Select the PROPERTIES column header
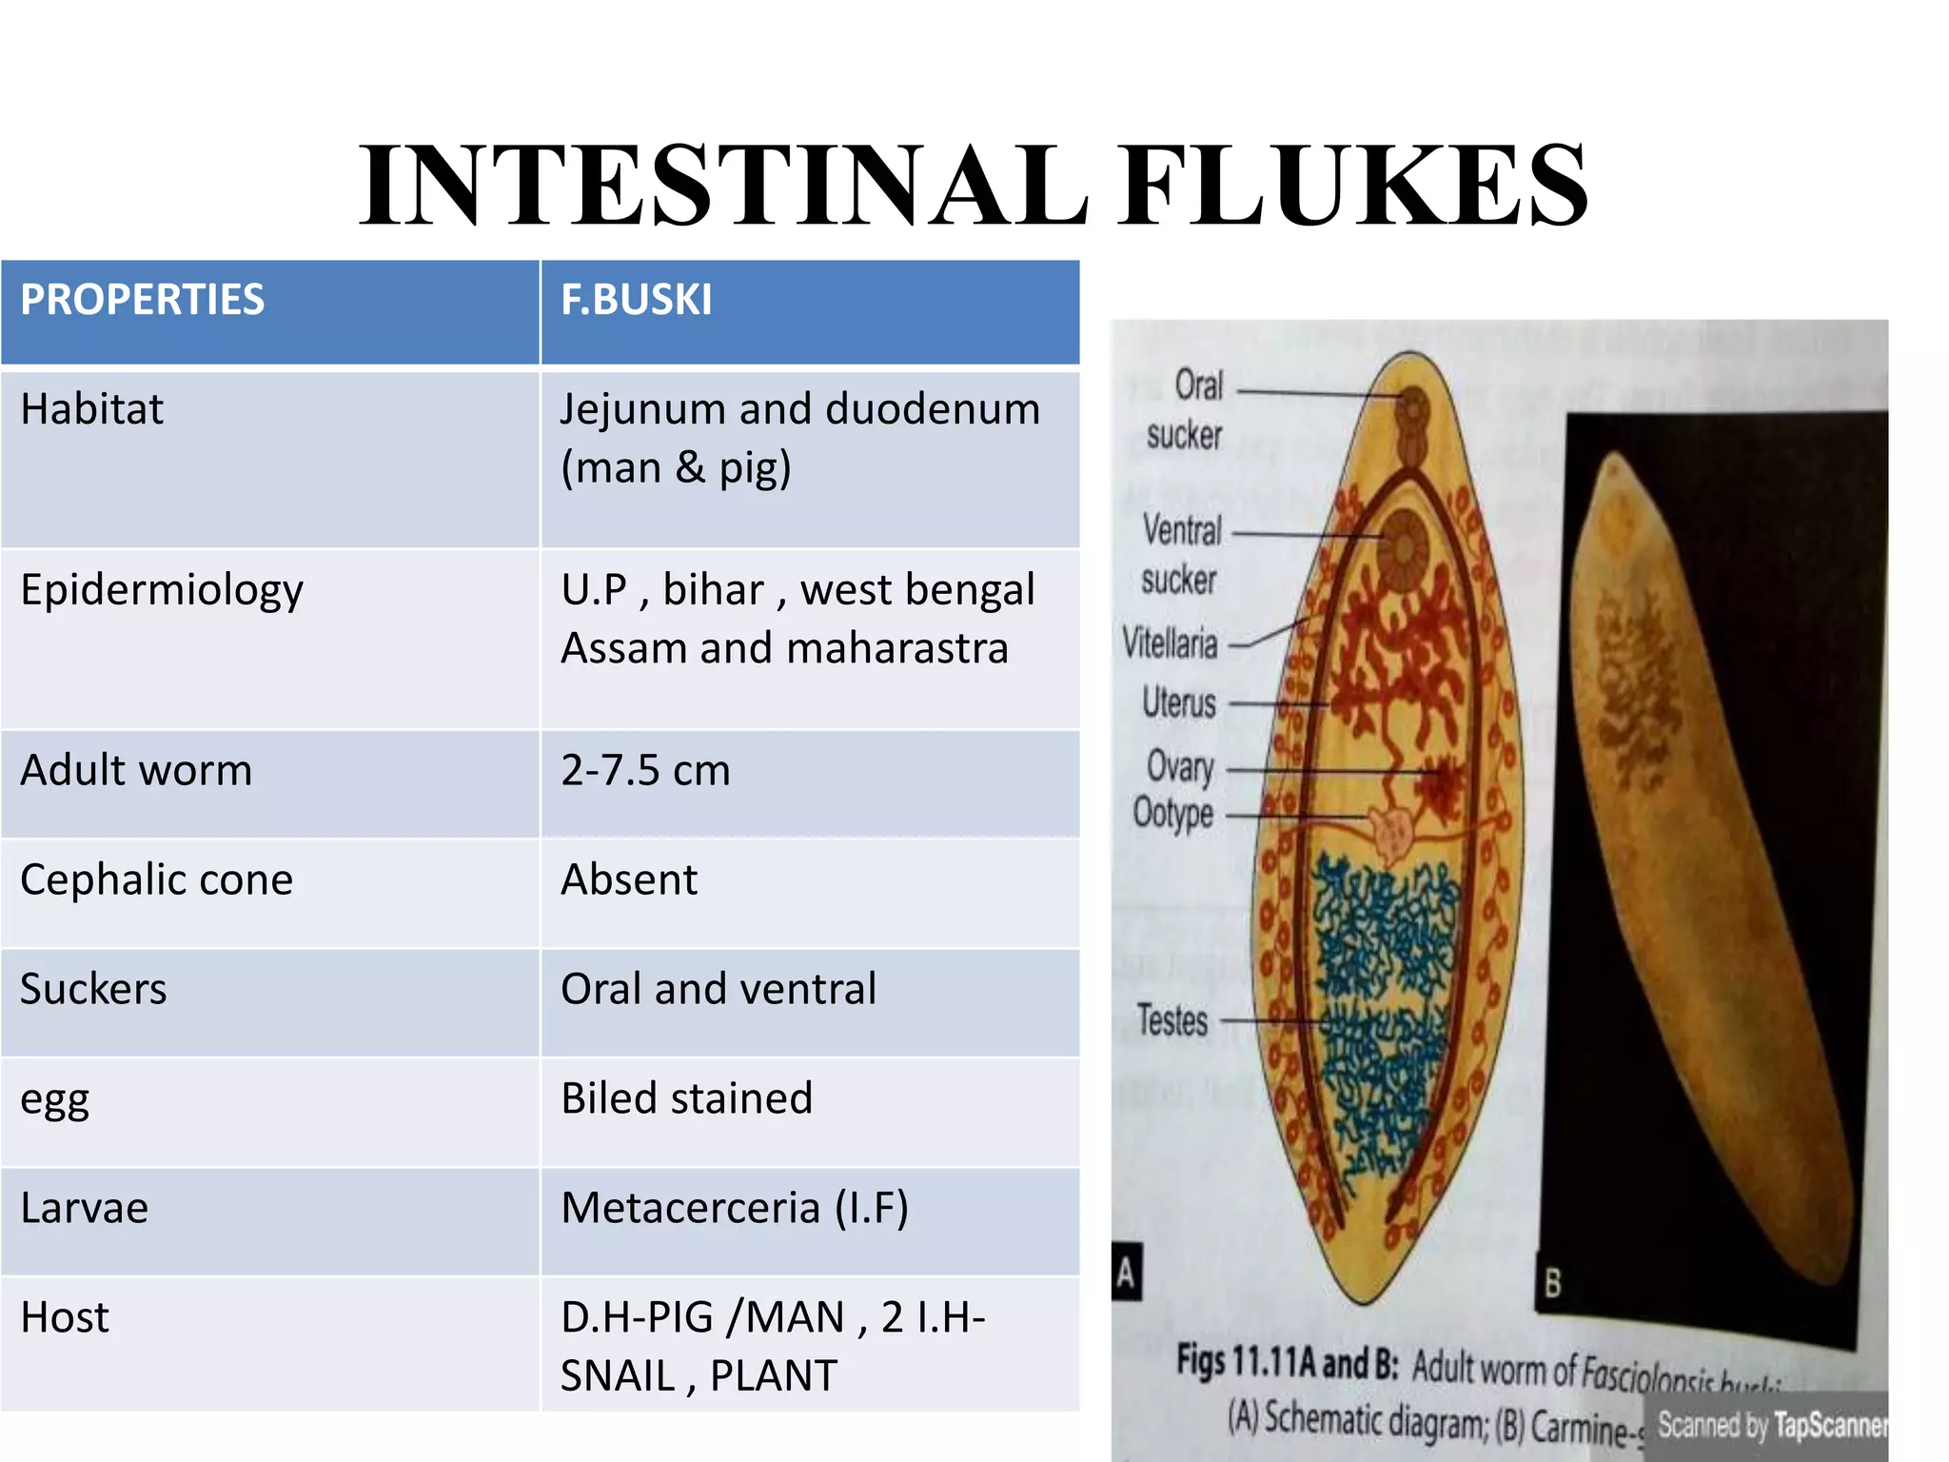[x=143, y=300]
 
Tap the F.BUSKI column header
[x=636, y=300]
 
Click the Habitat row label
[x=92, y=409]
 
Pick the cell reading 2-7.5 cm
[x=645, y=770]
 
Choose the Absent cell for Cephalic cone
[x=629, y=879]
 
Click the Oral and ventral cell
[x=719, y=989]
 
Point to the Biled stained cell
[x=686, y=1098]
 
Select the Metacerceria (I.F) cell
[x=735, y=1208]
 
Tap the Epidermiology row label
[x=162, y=590]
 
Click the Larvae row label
[x=85, y=1208]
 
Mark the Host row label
[x=65, y=1317]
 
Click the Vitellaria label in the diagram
[x=1170, y=643]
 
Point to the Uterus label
[x=1179, y=703]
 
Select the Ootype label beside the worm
[x=1172, y=814]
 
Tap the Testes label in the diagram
[x=1172, y=1020]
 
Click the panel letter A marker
[x=1126, y=1272]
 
